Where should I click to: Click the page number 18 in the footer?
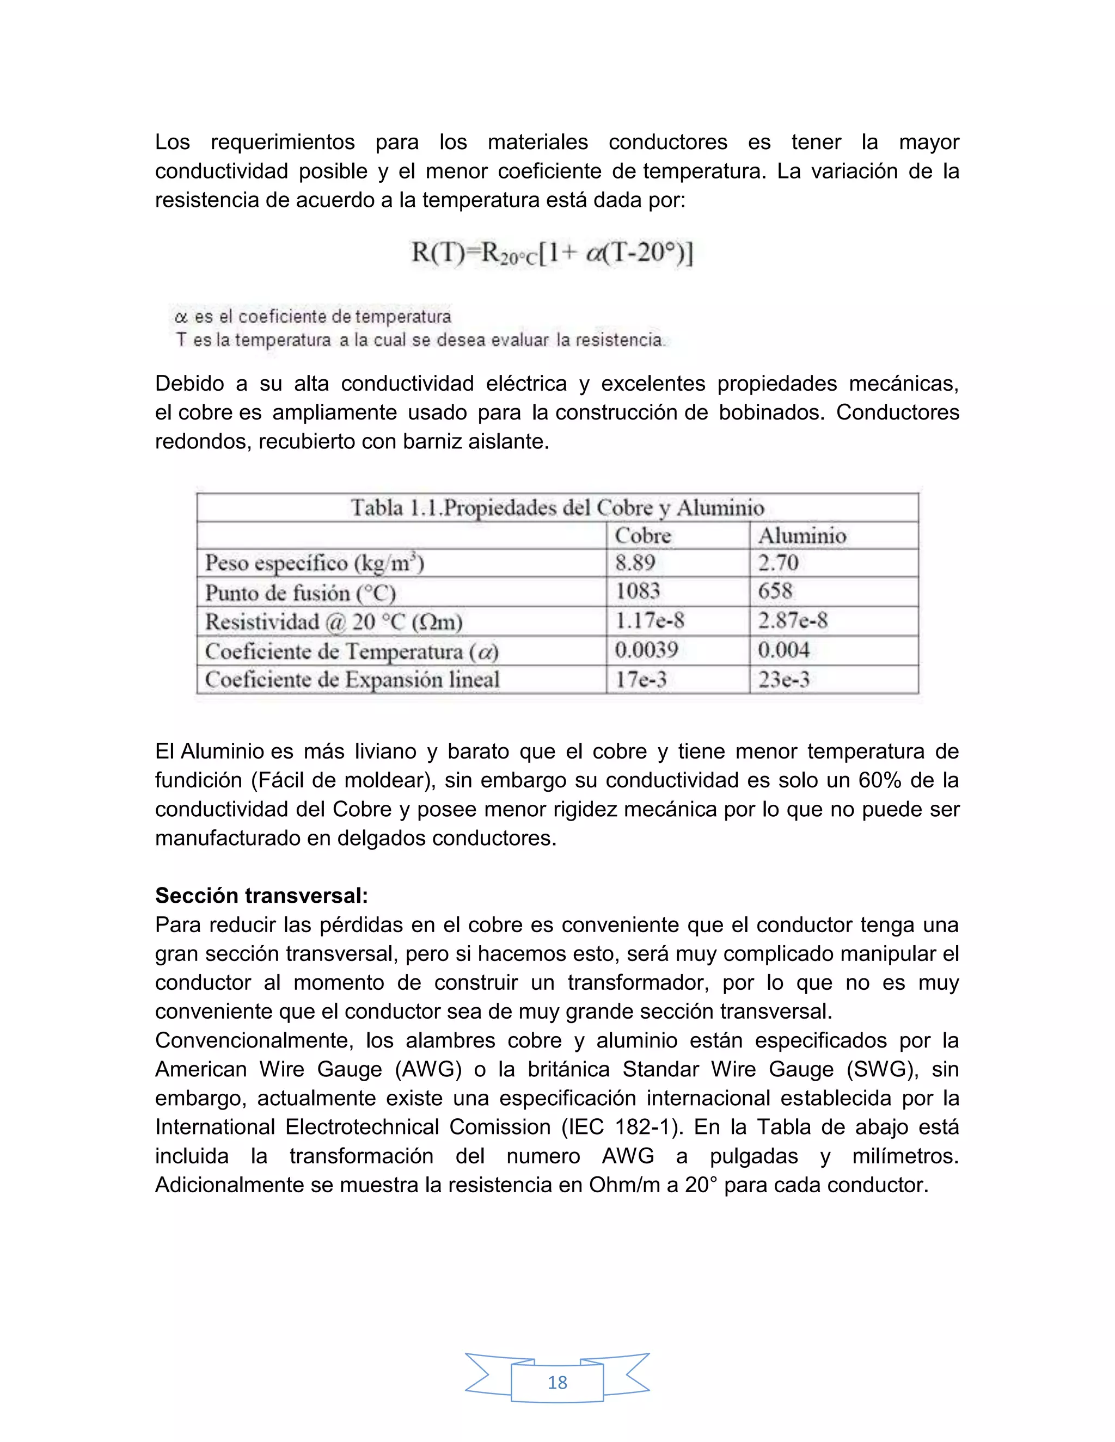click(x=557, y=1382)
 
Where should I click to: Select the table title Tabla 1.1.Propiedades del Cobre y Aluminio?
click(x=557, y=508)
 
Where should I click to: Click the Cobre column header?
click(x=643, y=535)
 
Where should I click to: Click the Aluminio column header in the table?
click(x=802, y=535)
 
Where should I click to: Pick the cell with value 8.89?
click(x=635, y=563)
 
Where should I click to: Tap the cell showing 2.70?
click(x=778, y=563)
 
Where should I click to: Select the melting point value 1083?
click(x=638, y=591)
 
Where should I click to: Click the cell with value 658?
click(x=775, y=591)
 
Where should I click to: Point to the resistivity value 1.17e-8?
click(x=650, y=621)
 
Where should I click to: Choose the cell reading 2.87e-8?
click(x=793, y=621)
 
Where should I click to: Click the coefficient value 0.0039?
click(x=646, y=650)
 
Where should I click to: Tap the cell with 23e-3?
click(x=783, y=680)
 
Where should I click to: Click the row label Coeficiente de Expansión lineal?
click(x=352, y=680)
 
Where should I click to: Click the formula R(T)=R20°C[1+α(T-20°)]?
click(x=552, y=254)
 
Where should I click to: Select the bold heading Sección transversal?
click(x=261, y=896)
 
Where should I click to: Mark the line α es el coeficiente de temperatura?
click(x=313, y=317)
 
